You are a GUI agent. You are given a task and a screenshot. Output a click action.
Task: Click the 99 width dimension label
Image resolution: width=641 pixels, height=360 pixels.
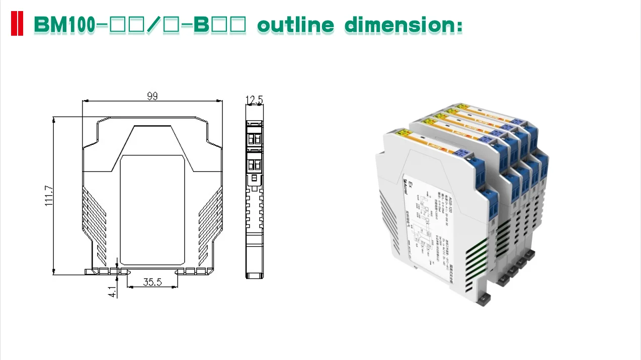pyautogui.click(x=152, y=96)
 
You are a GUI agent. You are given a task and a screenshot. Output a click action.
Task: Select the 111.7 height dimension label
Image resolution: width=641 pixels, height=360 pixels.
pyautogui.click(x=49, y=200)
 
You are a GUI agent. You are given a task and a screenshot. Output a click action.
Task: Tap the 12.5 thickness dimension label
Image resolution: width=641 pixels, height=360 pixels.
pyautogui.click(x=254, y=100)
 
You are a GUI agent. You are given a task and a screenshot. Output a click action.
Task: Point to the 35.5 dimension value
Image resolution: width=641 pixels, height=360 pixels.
pyautogui.click(x=152, y=282)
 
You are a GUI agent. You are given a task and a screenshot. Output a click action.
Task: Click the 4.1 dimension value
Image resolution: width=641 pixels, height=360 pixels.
pyautogui.click(x=113, y=291)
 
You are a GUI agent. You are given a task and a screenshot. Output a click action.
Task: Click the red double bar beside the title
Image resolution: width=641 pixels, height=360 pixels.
pyautogui.click(x=17, y=24)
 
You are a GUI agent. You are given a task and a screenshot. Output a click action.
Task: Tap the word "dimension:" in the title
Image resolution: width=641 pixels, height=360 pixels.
pyautogui.click(x=404, y=25)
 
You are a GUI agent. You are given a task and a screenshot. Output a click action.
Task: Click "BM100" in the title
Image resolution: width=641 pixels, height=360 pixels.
pyautogui.click(x=64, y=25)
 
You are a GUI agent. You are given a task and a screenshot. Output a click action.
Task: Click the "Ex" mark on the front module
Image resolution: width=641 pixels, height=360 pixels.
pyautogui.click(x=410, y=185)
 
